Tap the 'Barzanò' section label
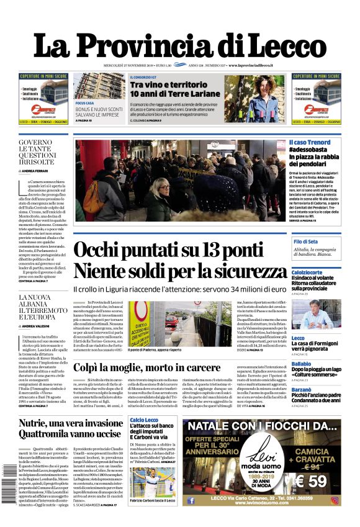[302, 389]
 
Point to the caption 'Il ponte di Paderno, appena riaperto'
[161, 351]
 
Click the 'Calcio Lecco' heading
[144, 420]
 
